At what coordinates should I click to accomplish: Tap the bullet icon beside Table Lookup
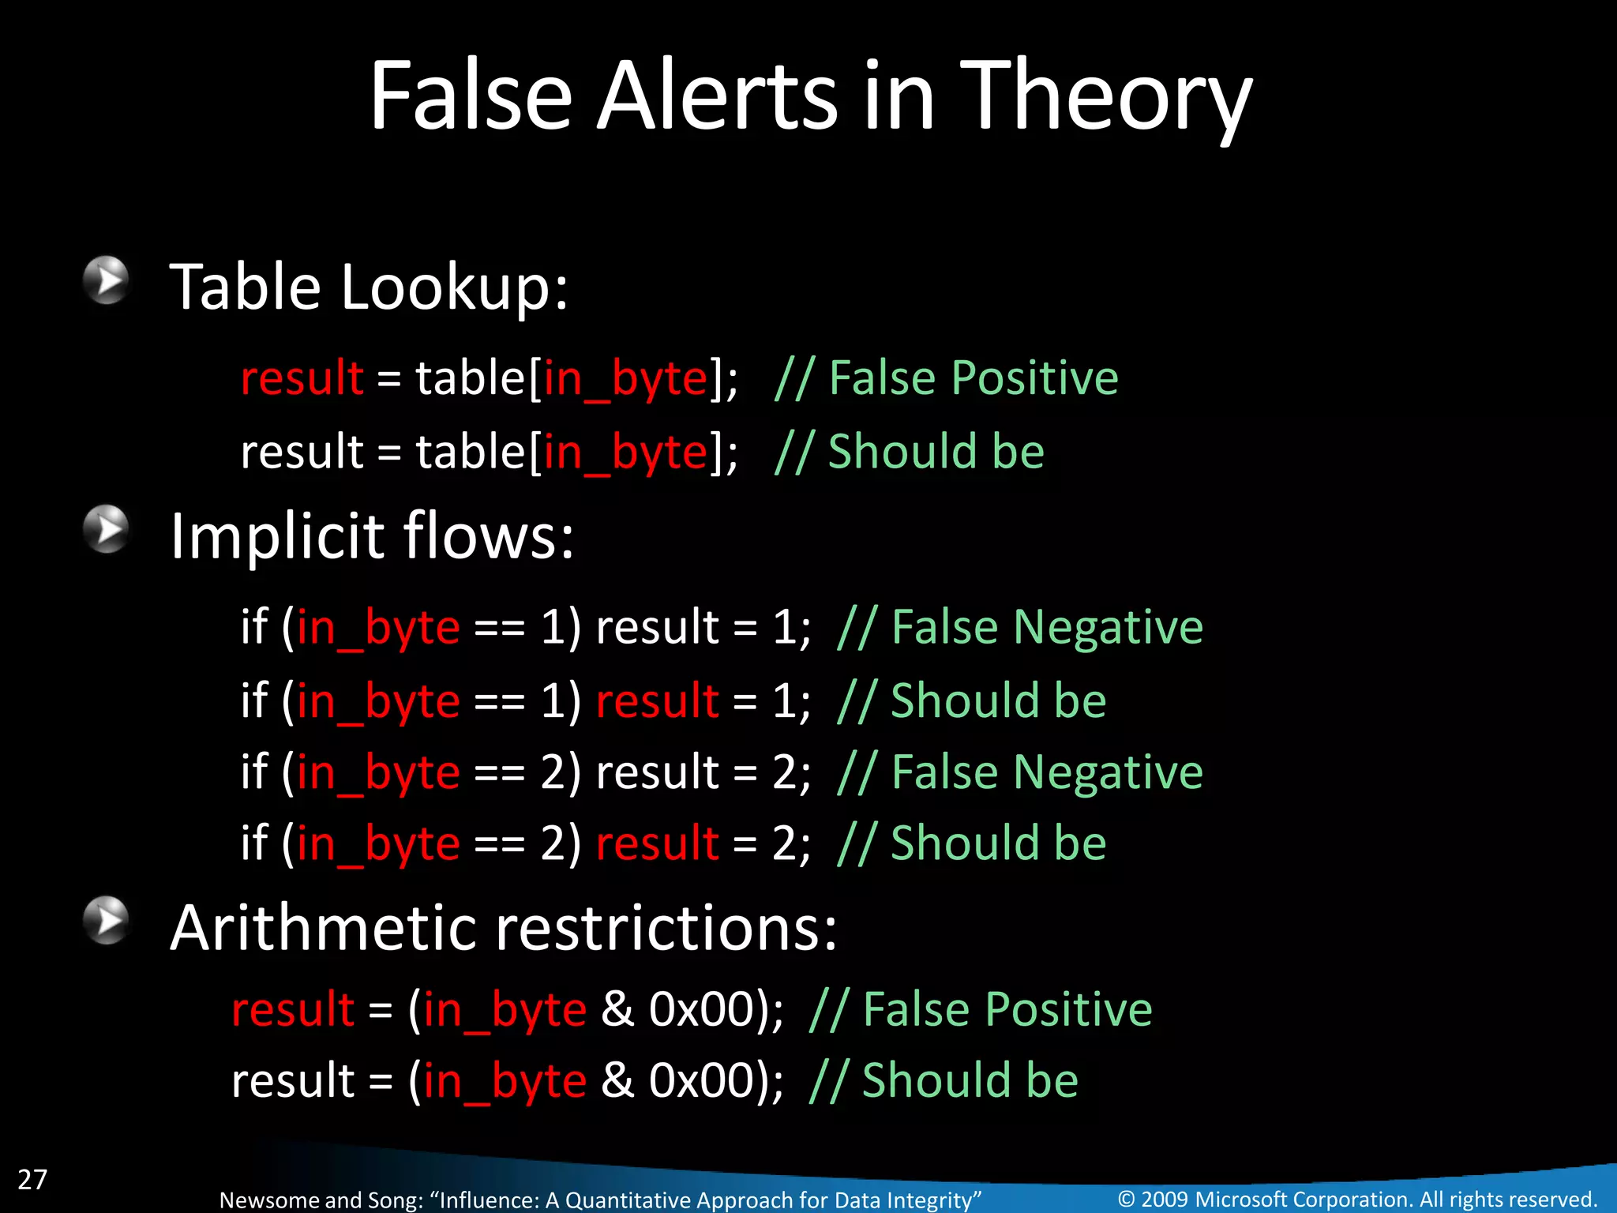[106, 280]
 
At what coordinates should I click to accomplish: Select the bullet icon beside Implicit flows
[106, 529]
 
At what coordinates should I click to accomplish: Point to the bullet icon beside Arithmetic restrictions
[106, 920]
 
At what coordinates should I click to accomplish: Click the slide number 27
[32, 1179]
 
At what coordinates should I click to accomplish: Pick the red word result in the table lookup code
[302, 377]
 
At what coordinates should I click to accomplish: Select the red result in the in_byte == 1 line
[657, 700]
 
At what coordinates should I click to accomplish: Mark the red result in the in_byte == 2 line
[657, 843]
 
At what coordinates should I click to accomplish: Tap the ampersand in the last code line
[617, 1080]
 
